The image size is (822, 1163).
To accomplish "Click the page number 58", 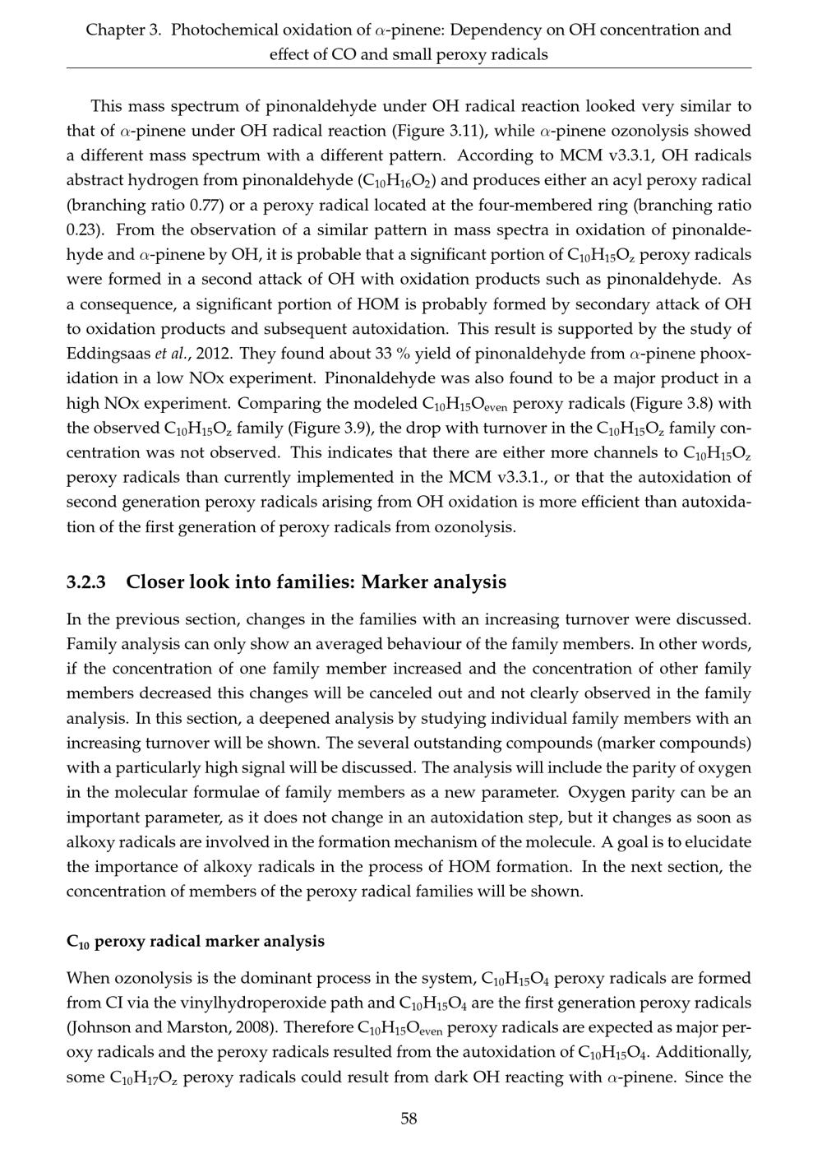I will pyautogui.click(x=409, y=1119).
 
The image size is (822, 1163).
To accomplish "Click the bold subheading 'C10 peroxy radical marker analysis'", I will pyautogui.click(x=196, y=941).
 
